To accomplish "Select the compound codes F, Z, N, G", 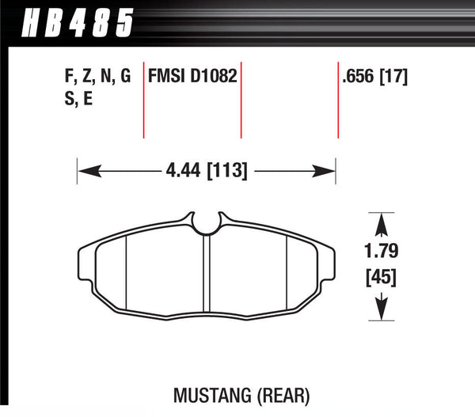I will coord(96,78).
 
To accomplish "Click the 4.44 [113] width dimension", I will coord(207,169).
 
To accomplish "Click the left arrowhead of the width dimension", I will coord(82,169).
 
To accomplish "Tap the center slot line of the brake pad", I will coord(204,273).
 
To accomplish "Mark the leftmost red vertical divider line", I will coord(143,99).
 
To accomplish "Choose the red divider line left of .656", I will coord(338,99).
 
